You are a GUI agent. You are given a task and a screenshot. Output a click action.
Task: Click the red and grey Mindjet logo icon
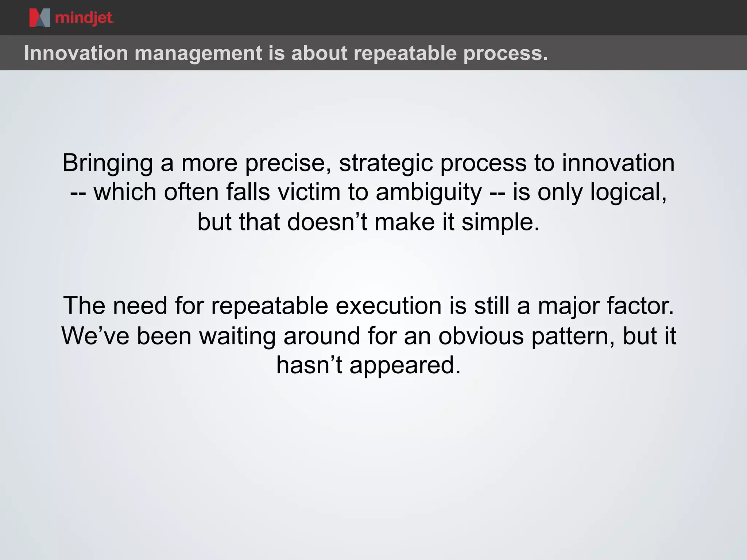[x=39, y=18]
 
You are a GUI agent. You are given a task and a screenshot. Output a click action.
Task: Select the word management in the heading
[x=198, y=53]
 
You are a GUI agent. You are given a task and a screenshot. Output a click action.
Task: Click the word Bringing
[x=108, y=163]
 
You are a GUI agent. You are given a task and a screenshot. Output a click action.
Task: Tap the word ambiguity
[x=429, y=193]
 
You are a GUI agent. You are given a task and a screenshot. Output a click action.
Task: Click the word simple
[x=500, y=222]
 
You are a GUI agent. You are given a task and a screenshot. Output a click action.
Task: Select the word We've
[x=95, y=336]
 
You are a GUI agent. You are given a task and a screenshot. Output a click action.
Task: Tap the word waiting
[x=237, y=337]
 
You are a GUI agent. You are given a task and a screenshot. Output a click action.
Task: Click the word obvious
[x=481, y=336]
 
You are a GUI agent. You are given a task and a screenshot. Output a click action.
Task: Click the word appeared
[x=405, y=366]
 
